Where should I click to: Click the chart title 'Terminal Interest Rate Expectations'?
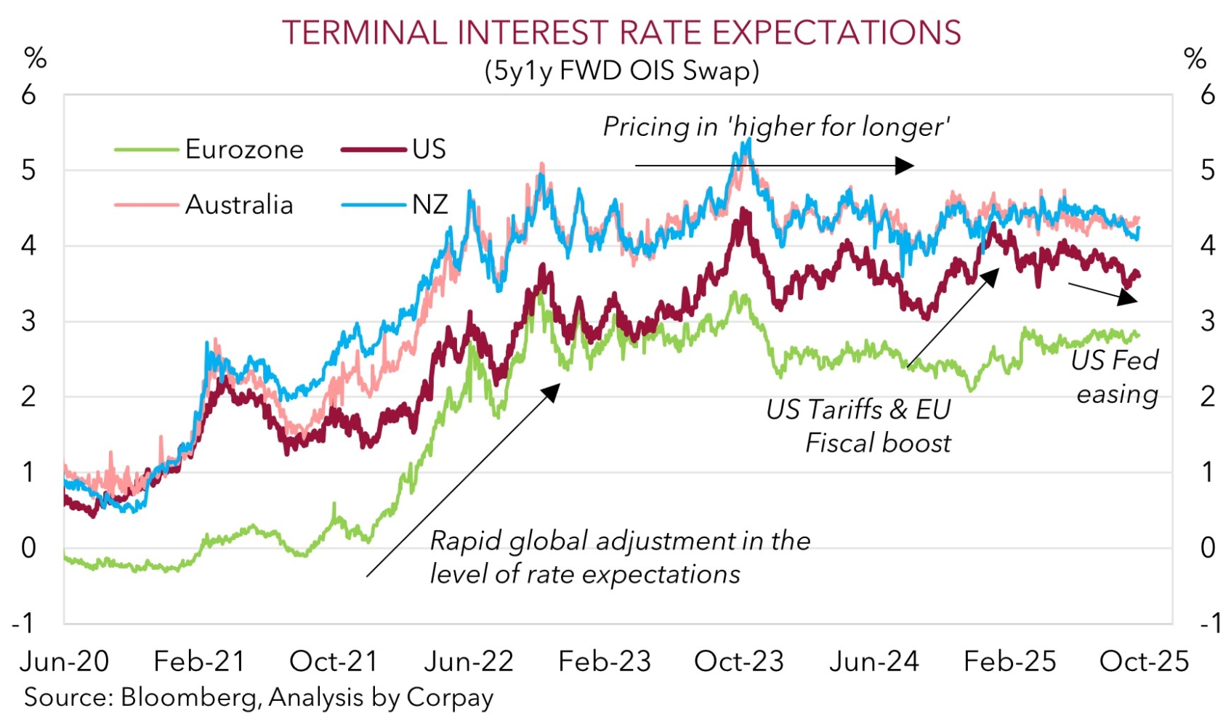click(x=621, y=33)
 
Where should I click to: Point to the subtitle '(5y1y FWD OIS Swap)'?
click(x=621, y=71)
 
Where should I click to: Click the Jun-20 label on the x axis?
click(x=64, y=662)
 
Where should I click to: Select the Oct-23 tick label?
click(x=739, y=662)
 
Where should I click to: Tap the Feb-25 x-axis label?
click(x=1009, y=662)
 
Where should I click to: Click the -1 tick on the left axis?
click(x=23, y=623)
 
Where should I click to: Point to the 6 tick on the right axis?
click(x=1207, y=95)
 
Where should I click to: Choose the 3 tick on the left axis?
click(x=28, y=321)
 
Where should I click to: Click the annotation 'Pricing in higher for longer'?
click(x=776, y=127)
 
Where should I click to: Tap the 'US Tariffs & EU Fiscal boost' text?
click(x=859, y=426)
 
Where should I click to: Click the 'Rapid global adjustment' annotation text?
click(x=620, y=558)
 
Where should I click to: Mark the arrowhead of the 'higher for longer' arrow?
click(x=905, y=166)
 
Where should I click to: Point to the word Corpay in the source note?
click(x=450, y=697)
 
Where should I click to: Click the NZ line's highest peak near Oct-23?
click(x=748, y=141)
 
